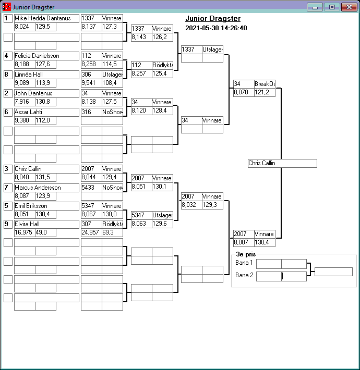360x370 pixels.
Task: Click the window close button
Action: point(347,7)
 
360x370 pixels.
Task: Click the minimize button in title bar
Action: point(315,7)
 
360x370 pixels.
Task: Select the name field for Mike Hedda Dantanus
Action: point(46,18)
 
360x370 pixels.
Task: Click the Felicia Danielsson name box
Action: point(46,56)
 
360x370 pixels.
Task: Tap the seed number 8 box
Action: point(8,75)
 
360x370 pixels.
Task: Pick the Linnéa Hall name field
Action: point(46,75)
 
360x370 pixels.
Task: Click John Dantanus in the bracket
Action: point(46,93)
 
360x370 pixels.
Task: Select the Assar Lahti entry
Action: point(46,112)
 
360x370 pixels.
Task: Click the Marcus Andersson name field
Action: point(46,188)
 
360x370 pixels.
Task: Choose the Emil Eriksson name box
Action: point(46,206)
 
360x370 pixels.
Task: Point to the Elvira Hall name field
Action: point(46,224)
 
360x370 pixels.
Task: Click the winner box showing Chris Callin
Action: point(282,163)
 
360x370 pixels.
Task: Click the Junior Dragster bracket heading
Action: point(213,19)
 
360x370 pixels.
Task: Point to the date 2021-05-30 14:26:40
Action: point(216,28)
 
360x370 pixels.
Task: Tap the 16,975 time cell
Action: point(24,232)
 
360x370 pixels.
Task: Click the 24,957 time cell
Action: point(91,232)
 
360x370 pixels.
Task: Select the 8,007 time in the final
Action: point(243,242)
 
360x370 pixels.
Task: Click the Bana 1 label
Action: point(244,263)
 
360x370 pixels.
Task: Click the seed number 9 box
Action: point(8,224)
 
